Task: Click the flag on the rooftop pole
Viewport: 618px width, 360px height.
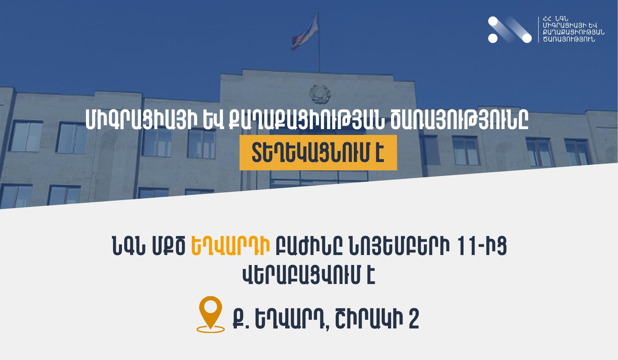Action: (x=305, y=32)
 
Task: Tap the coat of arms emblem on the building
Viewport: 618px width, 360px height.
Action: (x=319, y=94)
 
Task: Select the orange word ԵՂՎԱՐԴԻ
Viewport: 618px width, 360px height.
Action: (x=230, y=246)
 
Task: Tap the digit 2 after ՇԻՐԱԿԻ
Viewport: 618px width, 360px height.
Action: (x=414, y=319)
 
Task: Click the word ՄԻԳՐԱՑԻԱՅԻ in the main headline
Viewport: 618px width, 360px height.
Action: (x=141, y=120)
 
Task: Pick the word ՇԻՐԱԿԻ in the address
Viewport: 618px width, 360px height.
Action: (x=369, y=319)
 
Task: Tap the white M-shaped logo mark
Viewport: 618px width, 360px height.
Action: (x=510, y=30)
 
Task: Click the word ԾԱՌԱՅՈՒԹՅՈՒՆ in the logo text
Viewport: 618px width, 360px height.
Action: (x=569, y=40)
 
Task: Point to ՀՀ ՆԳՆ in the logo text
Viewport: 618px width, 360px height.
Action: (x=555, y=19)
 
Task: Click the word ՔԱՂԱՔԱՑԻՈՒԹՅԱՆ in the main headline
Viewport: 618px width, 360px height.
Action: (x=306, y=120)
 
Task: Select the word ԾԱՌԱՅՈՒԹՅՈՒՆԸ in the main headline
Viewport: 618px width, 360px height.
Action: (x=460, y=120)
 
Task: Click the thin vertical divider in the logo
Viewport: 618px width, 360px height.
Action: (x=538, y=30)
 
